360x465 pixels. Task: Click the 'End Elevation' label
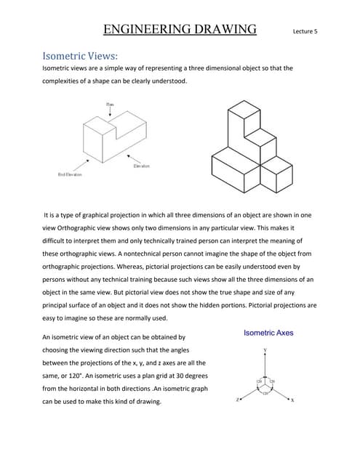pyautogui.click(x=70, y=174)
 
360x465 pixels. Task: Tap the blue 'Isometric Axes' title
pyautogui.click(x=268, y=333)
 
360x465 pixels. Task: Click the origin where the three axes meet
pyautogui.click(x=264, y=386)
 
